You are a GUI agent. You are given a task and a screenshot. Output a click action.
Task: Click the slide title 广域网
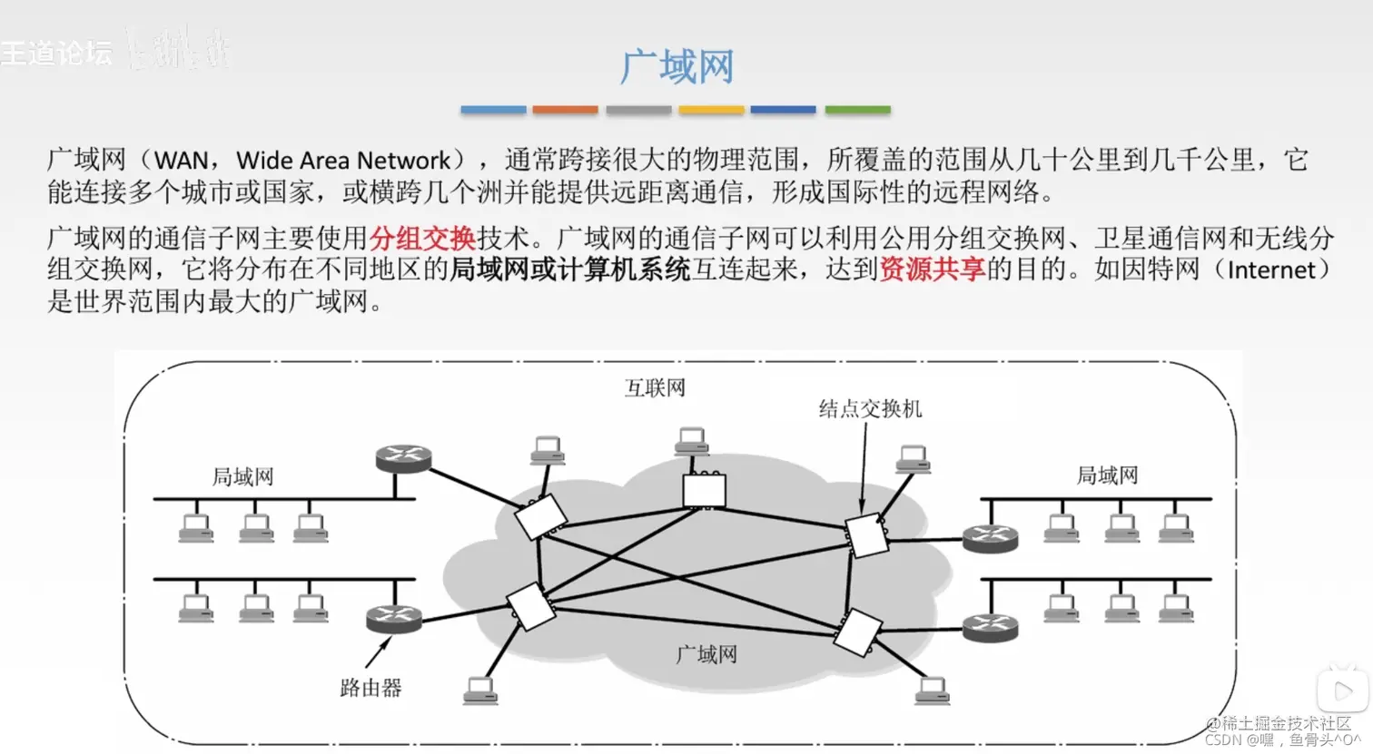click(677, 67)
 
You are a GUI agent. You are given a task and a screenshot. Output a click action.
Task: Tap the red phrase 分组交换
click(422, 239)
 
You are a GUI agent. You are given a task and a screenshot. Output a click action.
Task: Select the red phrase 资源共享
click(932, 269)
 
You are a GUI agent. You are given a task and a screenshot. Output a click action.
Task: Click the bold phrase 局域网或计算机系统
click(570, 269)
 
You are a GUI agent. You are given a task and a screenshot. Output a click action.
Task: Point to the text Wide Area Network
click(343, 161)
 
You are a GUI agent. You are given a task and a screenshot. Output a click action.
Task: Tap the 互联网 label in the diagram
click(655, 388)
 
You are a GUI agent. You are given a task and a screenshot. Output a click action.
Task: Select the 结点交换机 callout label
click(870, 409)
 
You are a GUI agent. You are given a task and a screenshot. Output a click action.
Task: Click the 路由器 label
click(370, 688)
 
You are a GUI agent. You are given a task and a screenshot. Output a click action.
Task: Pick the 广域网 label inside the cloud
click(706, 654)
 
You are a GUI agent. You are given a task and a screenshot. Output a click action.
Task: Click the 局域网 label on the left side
click(242, 476)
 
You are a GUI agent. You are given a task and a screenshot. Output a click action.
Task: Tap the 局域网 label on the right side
click(1107, 475)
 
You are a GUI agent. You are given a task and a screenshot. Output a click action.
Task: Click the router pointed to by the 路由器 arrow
click(394, 620)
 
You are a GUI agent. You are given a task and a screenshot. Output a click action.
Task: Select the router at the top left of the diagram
click(403, 458)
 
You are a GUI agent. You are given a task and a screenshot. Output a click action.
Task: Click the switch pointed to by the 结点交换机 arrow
click(866, 535)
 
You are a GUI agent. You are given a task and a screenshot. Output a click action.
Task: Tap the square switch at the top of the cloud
click(704, 490)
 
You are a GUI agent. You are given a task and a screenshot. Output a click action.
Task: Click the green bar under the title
click(857, 110)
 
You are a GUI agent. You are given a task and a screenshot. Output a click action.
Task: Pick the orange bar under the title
click(565, 110)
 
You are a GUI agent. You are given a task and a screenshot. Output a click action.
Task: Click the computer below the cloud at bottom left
click(479, 691)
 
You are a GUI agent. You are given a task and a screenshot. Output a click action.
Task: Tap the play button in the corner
click(1342, 691)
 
